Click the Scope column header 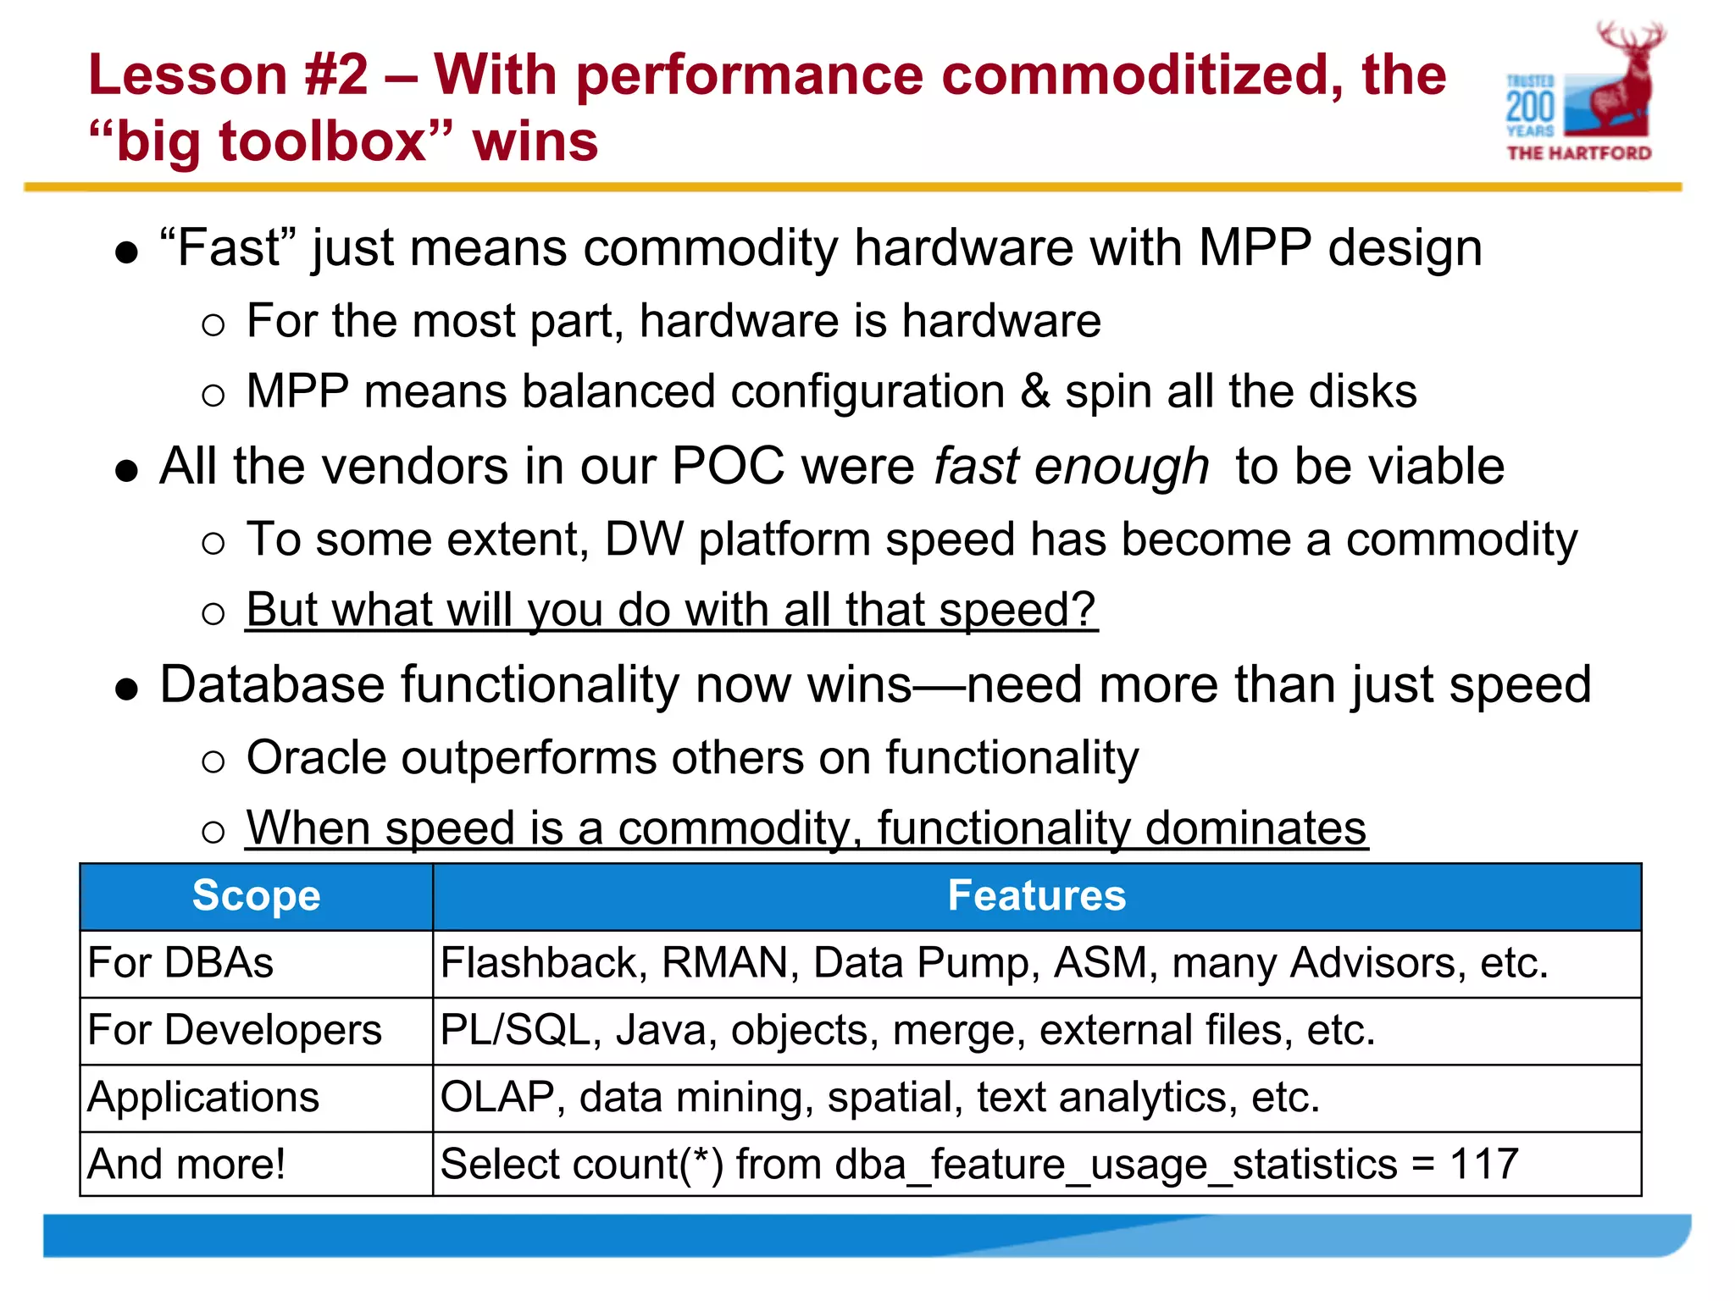(x=256, y=896)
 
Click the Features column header (x=1036, y=896)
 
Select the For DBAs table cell (x=180, y=963)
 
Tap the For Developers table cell (x=235, y=1031)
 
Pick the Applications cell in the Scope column (x=203, y=1098)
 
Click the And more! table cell (x=186, y=1165)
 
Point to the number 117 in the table (x=1483, y=1165)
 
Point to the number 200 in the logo (x=1530, y=107)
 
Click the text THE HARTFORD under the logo (x=1579, y=153)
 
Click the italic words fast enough (x=1071, y=467)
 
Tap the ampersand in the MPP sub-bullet (x=1035, y=392)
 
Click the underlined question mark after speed (x=1084, y=610)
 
